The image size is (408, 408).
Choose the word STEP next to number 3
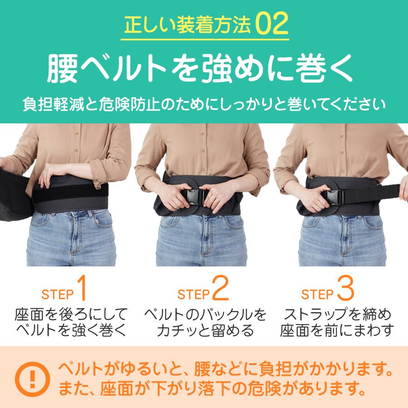coord(317,294)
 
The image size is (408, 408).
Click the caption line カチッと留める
coord(205,330)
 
